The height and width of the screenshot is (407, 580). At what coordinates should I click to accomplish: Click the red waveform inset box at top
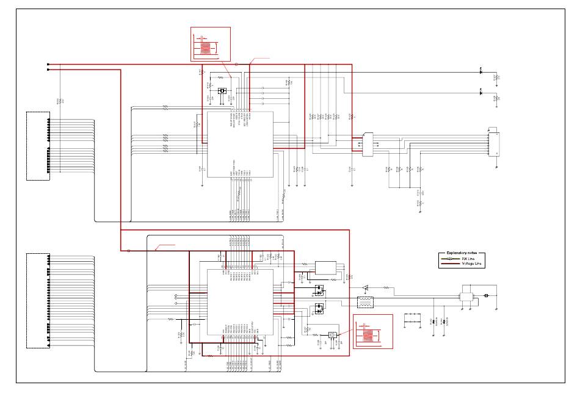[210, 44]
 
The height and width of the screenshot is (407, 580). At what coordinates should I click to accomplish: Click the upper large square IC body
[240, 144]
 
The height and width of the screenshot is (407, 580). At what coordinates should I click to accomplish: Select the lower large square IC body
[241, 302]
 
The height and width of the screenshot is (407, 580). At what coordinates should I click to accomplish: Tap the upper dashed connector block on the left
[38, 146]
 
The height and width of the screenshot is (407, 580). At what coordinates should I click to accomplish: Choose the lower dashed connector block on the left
[38, 300]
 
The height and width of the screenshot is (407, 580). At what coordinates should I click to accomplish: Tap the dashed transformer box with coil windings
[365, 302]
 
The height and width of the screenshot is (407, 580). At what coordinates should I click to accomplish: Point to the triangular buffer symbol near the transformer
[365, 287]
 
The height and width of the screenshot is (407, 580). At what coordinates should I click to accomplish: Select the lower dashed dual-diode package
[318, 309]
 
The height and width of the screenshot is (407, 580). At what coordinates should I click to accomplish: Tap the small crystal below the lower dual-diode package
[332, 335]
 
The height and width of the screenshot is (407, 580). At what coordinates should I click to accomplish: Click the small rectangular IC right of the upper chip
[368, 145]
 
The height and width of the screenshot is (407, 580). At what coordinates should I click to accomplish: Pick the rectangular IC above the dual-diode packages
[325, 268]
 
